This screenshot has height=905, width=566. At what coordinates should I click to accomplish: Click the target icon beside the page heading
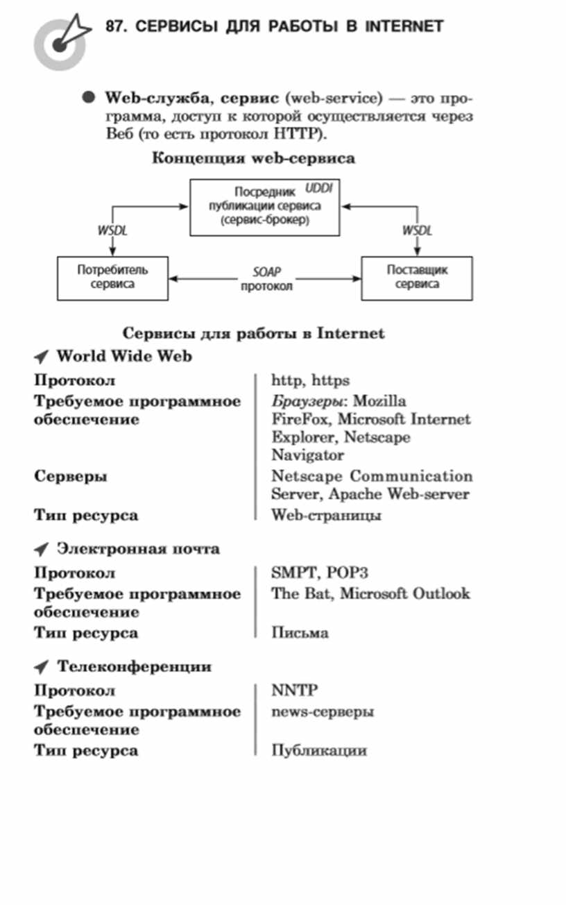point(60,43)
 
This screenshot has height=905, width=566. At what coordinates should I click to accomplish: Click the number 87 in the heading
point(114,26)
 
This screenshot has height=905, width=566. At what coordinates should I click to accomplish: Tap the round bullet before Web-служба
point(88,97)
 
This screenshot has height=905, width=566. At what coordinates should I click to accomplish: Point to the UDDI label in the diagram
point(318,188)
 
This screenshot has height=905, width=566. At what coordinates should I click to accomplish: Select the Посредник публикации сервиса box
point(265,208)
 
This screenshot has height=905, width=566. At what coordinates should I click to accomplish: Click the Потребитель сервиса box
point(112,278)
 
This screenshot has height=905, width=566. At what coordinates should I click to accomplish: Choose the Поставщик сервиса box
point(417,278)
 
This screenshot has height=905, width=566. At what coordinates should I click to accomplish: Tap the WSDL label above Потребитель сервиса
point(112,230)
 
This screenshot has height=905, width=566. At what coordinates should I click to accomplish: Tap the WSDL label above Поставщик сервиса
point(417,230)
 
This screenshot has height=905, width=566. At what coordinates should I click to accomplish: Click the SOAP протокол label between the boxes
point(266,279)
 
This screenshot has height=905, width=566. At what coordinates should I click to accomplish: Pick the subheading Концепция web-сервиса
point(254,158)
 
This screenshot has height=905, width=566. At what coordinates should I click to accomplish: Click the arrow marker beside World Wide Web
point(42,356)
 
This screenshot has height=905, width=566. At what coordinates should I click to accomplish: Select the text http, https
point(310,380)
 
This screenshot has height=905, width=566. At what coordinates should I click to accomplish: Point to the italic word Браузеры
point(307,401)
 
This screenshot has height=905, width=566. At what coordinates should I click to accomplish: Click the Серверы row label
point(71,476)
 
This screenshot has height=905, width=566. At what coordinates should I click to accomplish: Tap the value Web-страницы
point(326,515)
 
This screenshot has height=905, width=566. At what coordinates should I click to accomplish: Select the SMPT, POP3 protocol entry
point(320,573)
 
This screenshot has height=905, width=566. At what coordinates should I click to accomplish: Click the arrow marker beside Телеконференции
point(42,667)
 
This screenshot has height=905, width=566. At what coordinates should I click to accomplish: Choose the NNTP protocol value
point(295,690)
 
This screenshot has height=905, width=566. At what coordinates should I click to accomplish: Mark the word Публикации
point(319,750)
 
